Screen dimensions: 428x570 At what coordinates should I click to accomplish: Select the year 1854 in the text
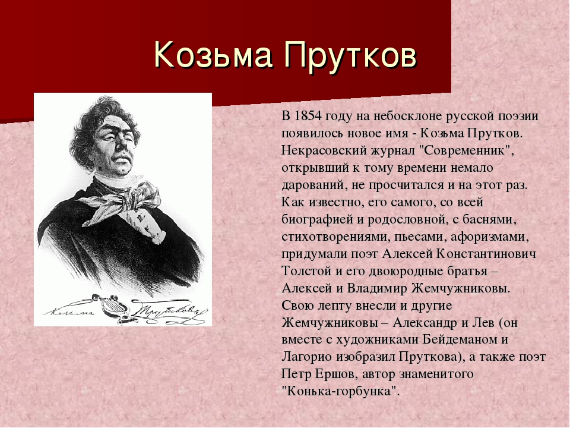(308, 115)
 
